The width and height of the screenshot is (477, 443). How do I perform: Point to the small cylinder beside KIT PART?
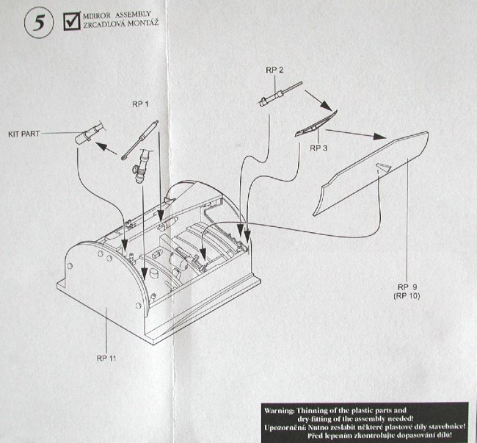coord(86,134)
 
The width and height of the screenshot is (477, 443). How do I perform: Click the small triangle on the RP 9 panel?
coord(382,168)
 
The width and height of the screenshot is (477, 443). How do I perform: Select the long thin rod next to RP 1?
coord(142,137)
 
